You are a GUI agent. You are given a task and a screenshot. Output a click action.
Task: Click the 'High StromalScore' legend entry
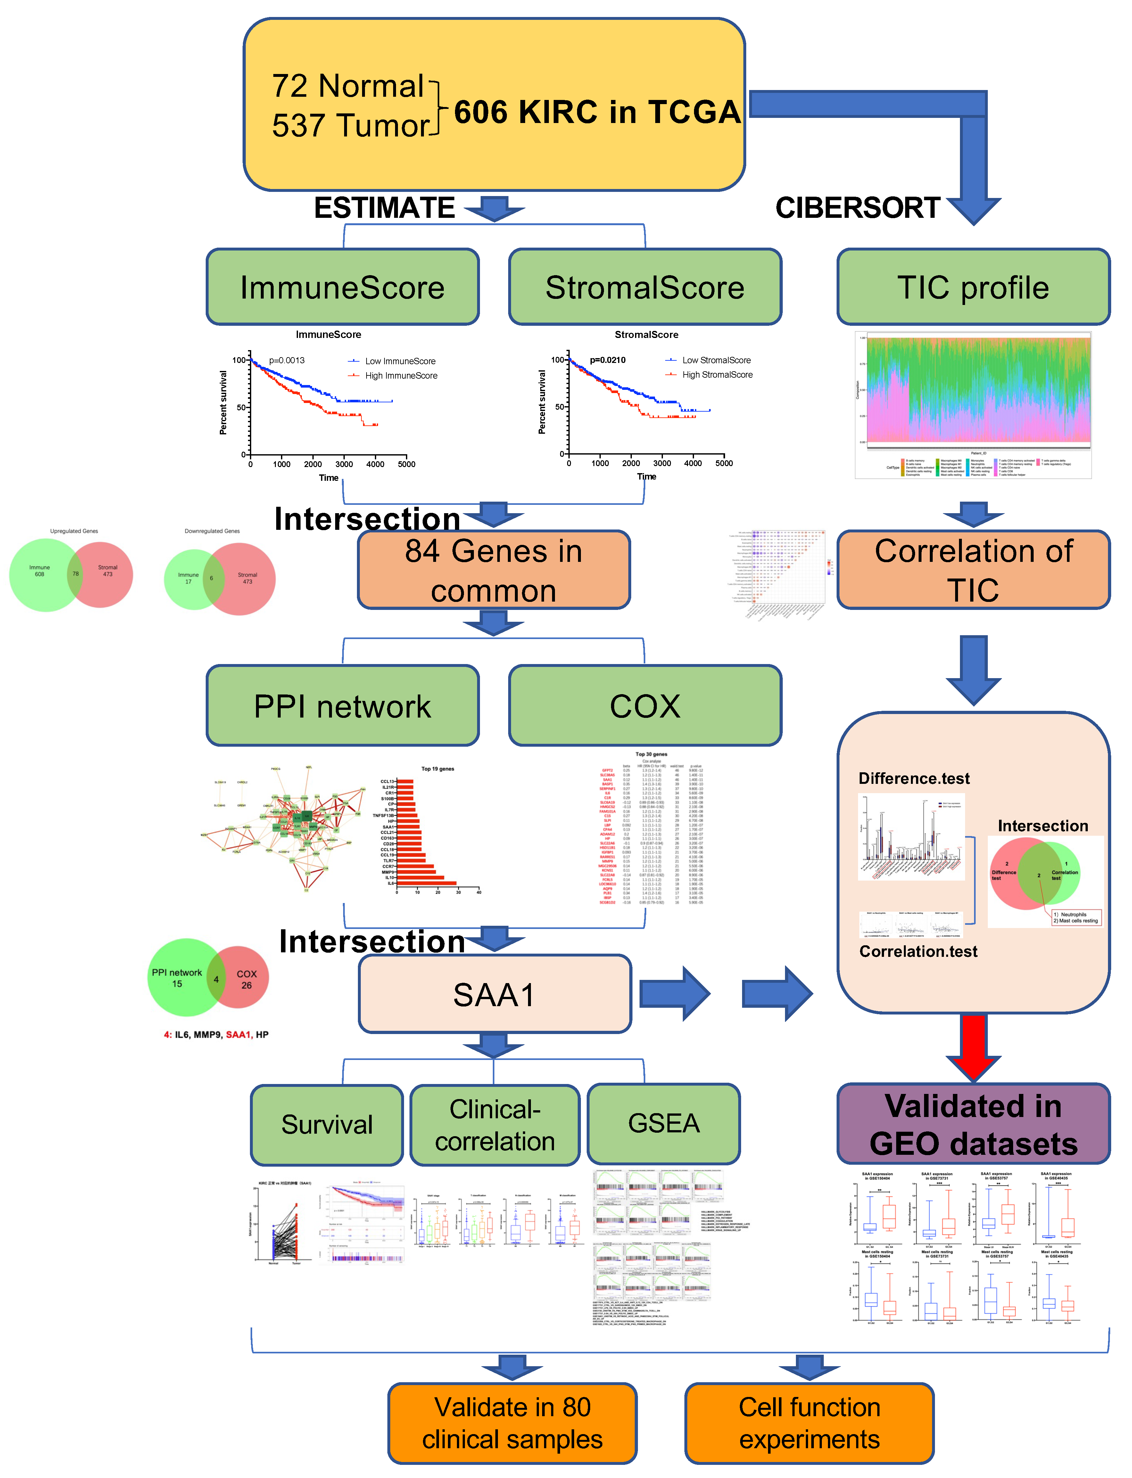tap(717, 374)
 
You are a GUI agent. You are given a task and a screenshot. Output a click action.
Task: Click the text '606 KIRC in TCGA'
tap(597, 112)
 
